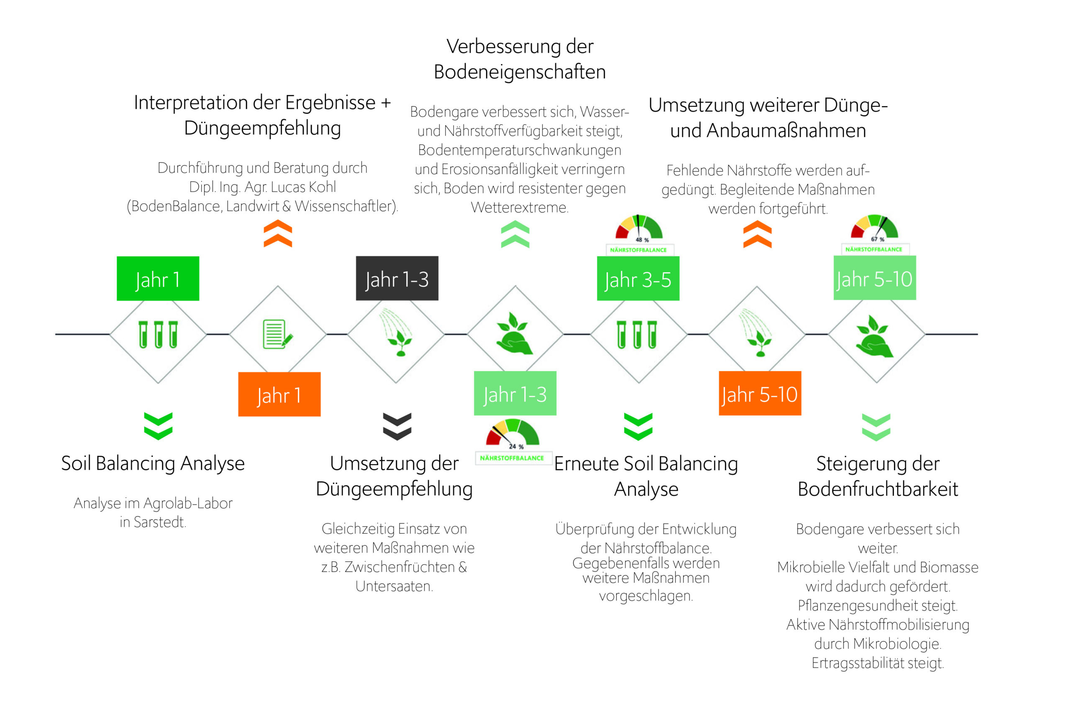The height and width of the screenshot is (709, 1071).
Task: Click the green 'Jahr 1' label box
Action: [x=158, y=279]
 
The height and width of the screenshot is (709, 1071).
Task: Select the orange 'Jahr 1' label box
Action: [x=279, y=394]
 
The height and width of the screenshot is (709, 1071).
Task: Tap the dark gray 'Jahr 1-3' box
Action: [x=397, y=279]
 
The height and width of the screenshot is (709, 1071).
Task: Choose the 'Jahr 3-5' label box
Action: [x=638, y=279]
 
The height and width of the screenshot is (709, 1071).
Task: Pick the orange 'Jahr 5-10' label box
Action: [x=760, y=393]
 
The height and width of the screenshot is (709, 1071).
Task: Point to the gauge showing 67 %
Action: [x=874, y=228]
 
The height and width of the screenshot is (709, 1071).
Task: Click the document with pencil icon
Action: [x=278, y=334]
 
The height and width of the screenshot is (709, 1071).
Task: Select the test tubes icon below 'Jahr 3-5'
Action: [x=637, y=335]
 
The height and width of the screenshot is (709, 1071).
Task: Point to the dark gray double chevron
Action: [x=397, y=426]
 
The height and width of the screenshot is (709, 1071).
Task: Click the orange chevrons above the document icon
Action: [x=278, y=233]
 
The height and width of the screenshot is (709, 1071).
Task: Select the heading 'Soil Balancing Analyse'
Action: [x=153, y=463]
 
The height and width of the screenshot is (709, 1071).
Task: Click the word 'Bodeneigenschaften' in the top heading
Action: [x=520, y=72]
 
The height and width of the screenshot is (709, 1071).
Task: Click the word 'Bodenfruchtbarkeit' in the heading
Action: [x=877, y=489]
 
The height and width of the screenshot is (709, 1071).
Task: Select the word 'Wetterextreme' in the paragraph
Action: [x=520, y=207]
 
